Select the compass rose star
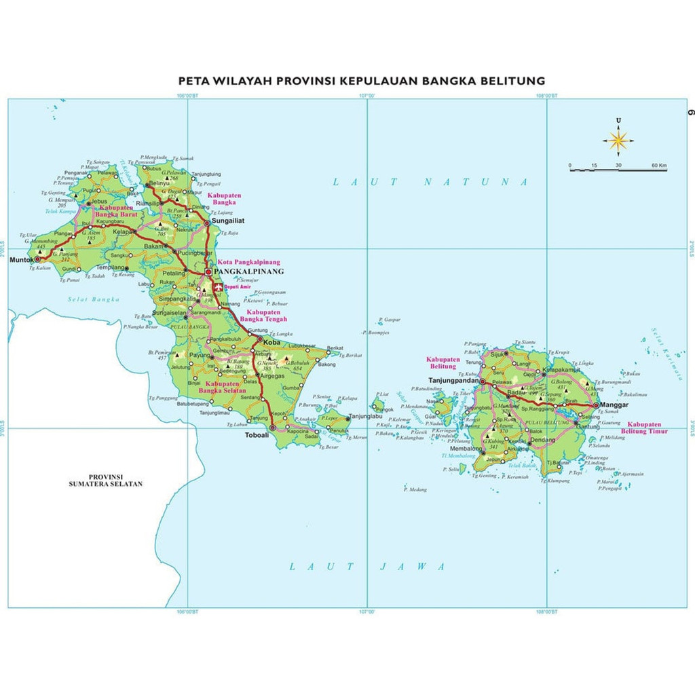[x=618, y=140]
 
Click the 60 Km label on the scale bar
[x=659, y=165]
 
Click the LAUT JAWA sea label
[x=367, y=566]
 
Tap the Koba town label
[x=273, y=342]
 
